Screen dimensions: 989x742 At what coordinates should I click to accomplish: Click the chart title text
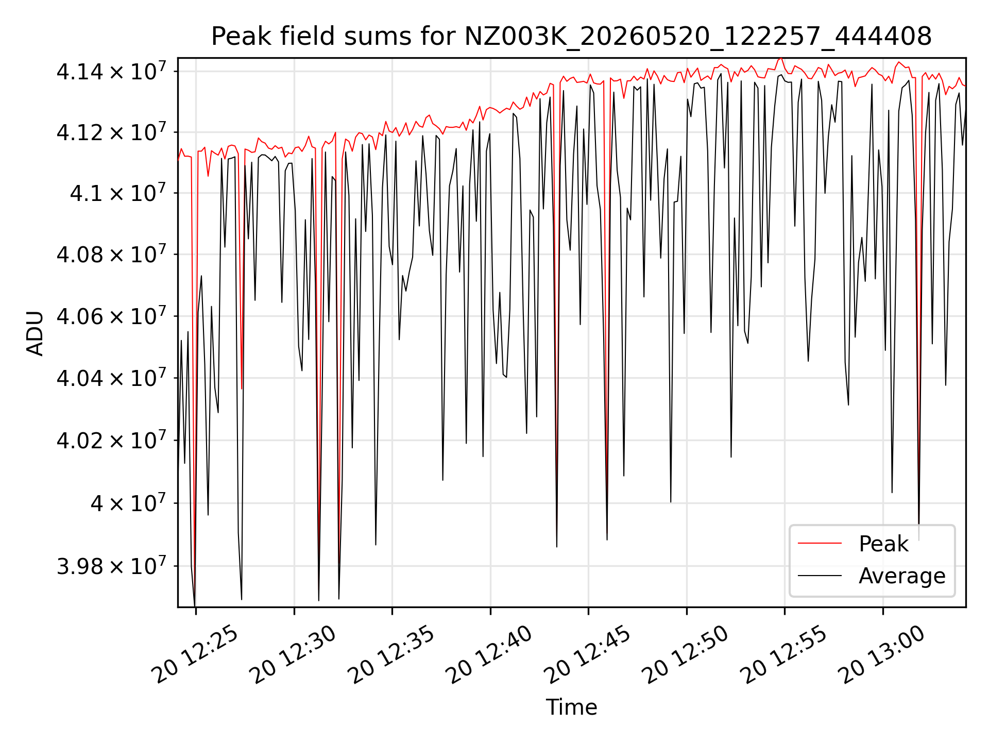[571, 37]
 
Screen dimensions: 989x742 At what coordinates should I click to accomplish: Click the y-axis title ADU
[35, 333]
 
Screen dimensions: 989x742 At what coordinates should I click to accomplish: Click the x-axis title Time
[571, 707]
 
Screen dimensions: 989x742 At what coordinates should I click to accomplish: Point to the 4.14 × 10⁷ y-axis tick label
[111, 71]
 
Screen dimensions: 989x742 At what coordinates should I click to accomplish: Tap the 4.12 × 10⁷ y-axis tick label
[111, 132]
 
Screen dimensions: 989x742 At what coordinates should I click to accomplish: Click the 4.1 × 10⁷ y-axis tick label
[118, 193]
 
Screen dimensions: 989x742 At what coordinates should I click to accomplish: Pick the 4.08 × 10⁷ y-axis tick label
[111, 254]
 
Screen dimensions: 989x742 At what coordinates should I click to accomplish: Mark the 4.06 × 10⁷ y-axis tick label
[111, 316]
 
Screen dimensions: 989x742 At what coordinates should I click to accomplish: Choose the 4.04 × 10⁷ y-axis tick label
[111, 378]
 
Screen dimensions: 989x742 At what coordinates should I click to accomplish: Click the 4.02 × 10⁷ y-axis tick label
[111, 440]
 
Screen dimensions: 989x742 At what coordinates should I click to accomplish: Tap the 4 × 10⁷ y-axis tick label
[128, 503]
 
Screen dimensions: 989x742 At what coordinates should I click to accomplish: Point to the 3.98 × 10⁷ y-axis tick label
[111, 566]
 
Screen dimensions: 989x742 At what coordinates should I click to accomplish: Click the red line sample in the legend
[820, 544]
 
